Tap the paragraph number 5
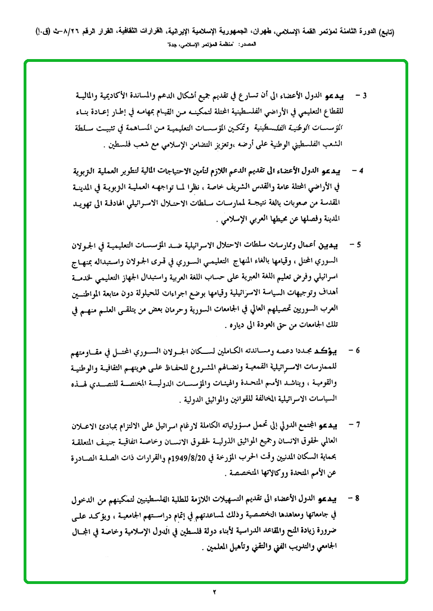360,245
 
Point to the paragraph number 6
360,351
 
